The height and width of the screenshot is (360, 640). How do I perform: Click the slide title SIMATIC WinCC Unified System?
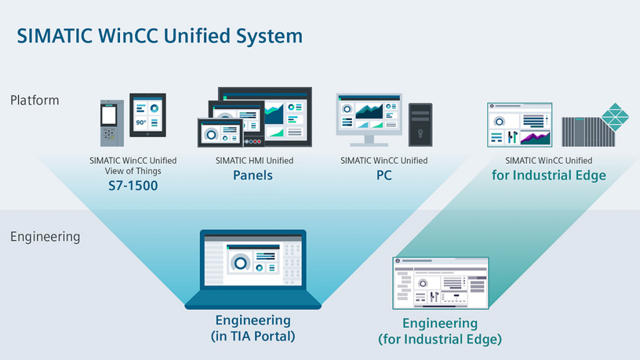pos(159,36)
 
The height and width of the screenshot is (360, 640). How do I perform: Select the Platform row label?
pos(34,100)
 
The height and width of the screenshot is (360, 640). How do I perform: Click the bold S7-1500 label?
pos(132,186)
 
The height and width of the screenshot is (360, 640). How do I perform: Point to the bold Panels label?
pos(253,175)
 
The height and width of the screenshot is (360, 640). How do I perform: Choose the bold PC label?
pos(384,176)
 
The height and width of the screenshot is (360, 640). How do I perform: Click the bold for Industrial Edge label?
pos(548,175)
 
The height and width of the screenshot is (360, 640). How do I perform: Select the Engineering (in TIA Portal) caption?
pos(253,328)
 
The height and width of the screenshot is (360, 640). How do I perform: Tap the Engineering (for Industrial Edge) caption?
pos(440,331)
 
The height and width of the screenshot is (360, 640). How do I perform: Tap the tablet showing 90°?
pos(147,116)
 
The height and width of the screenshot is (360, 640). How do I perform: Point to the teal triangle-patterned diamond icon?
pos(615,117)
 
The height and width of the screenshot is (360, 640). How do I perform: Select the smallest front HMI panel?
pos(220,133)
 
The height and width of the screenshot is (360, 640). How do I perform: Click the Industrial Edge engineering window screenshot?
pos(440,282)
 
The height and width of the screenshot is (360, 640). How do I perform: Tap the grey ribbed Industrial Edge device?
pos(585,131)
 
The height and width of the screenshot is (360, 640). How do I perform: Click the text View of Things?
pos(132,171)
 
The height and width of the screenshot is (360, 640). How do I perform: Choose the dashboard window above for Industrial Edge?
pos(519,125)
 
